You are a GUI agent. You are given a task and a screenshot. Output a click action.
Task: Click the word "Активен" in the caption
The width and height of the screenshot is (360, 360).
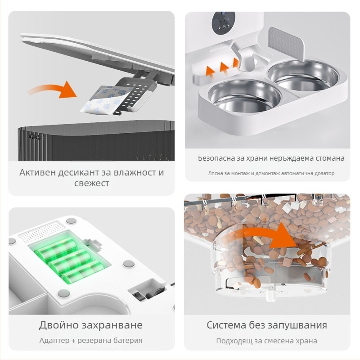37,173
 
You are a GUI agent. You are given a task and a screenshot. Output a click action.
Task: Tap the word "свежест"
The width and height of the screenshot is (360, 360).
92,184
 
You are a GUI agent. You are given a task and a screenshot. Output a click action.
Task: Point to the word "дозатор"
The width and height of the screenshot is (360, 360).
325,173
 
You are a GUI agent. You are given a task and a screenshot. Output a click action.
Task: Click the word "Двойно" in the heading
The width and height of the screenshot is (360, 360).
58,325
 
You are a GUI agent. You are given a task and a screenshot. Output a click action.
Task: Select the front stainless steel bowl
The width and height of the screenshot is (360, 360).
244,96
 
